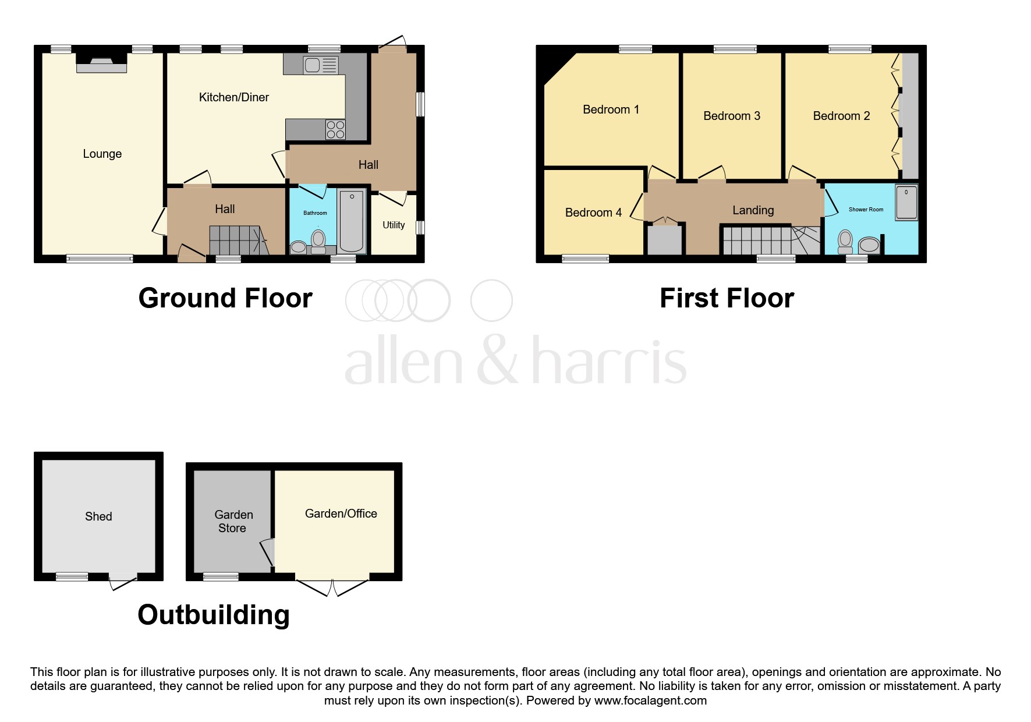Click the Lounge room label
(102, 154)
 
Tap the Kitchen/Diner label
(233, 97)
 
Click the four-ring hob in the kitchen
(335, 129)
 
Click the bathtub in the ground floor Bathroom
(352, 221)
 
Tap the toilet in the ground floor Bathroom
(318, 240)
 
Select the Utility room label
(394, 225)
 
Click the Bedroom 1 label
(611, 109)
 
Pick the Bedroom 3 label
(732, 116)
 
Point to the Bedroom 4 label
(593, 213)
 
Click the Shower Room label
(866, 210)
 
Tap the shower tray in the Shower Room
(906, 202)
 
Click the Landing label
(753, 210)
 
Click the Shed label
(98, 516)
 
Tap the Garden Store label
(233, 521)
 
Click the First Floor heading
(727, 298)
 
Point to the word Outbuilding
(214, 615)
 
